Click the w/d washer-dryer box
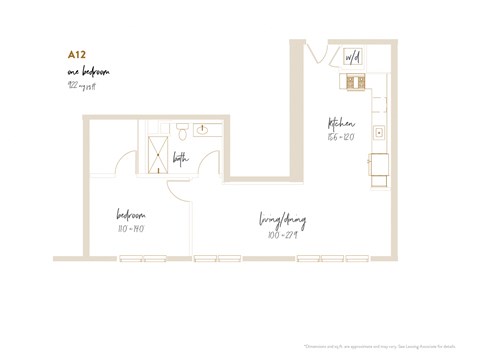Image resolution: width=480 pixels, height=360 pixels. pyautogui.click(x=352, y=58)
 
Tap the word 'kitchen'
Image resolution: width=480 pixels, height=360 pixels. pyautogui.click(x=341, y=124)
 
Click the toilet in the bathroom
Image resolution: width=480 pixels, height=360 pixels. pyautogui.click(x=182, y=132)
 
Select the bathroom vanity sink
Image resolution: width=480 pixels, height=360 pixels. pyautogui.click(x=204, y=130)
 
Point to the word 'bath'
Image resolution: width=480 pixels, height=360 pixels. pyautogui.click(x=180, y=157)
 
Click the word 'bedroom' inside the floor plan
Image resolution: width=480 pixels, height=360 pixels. pyautogui.click(x=131, y=215)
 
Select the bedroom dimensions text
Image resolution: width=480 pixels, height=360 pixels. pyautogui.click(x=131, y=227)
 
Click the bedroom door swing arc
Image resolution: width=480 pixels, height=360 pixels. pyautogui.click(x=178, y=190)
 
